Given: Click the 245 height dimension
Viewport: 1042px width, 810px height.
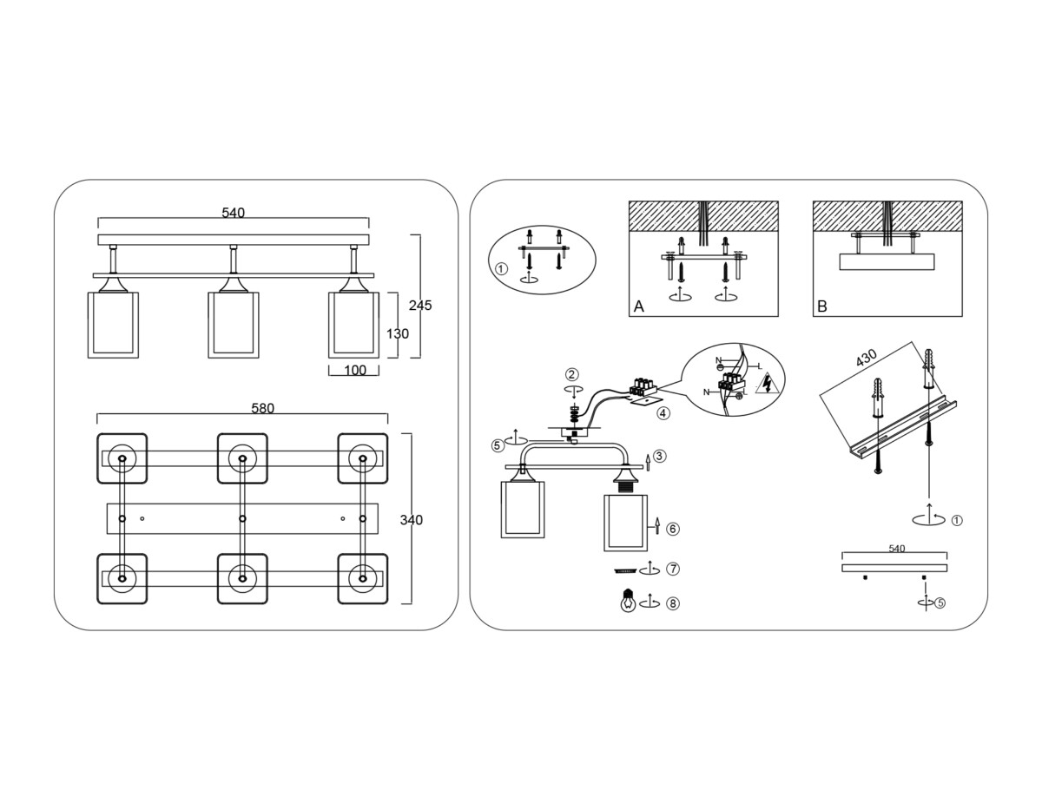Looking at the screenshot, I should (420, 306).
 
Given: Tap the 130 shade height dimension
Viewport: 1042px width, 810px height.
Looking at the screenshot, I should (398, 333).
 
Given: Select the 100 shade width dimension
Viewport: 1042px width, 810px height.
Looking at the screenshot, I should (355, 371).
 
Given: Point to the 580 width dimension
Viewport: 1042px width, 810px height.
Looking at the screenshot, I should (262, 408).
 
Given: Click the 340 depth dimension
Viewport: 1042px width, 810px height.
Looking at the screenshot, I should (412, 520).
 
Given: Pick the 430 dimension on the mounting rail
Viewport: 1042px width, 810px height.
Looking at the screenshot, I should (866, 358).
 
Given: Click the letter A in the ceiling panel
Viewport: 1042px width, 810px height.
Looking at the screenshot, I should (639, 306).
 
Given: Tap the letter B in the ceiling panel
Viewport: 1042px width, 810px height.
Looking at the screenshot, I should (822, 306).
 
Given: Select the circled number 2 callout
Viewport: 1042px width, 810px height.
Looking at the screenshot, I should (571, 375).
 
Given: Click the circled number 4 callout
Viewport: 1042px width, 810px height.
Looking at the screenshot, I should (663, 413).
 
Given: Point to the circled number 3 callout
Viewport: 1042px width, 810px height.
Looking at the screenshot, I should (660, 456).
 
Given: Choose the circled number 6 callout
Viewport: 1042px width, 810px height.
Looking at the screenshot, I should (673, 528).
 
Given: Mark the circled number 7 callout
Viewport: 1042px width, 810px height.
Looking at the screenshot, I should (673, 570).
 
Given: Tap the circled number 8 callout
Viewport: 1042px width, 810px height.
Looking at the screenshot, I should (673, 603).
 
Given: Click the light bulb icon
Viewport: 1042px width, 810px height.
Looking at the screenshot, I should (627, 601).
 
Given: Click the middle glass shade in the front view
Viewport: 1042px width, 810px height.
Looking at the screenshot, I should (233, 325).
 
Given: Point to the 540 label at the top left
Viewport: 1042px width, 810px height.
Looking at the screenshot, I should (233, 213).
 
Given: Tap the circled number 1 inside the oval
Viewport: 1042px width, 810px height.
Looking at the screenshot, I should (501, 268).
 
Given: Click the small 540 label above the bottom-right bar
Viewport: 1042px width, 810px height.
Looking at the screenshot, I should (897, 549).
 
